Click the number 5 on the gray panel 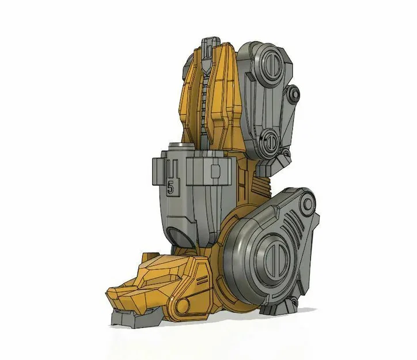(170, 186)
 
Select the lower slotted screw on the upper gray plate (270, 141)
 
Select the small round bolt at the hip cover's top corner (309, 202)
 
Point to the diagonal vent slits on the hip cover (294, 222)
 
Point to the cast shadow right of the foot (308, 310)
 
